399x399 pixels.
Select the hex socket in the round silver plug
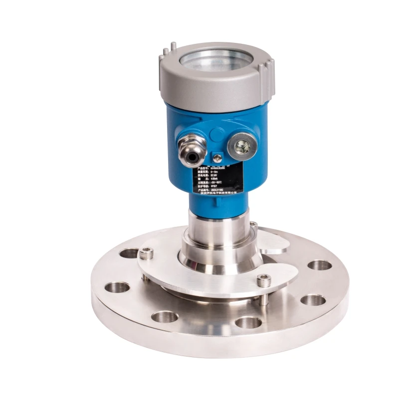coord(243,147)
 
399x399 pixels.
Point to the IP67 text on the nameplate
coord(214,186)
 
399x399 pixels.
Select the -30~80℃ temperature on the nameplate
coord(216,183)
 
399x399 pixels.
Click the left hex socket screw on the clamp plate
coord(146,254)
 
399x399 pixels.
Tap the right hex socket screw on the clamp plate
coord(264,281)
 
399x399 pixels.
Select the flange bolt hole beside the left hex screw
coord(128,253)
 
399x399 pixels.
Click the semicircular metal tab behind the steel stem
coord(272,241)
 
